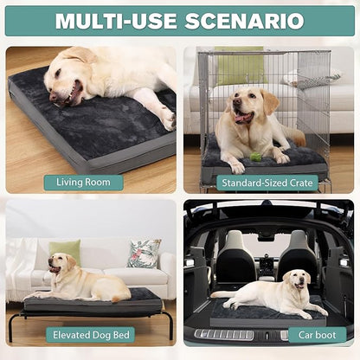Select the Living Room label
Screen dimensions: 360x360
point(84,182)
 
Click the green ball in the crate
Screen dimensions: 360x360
point(255,157)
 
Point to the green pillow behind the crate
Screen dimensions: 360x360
point(240,66)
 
